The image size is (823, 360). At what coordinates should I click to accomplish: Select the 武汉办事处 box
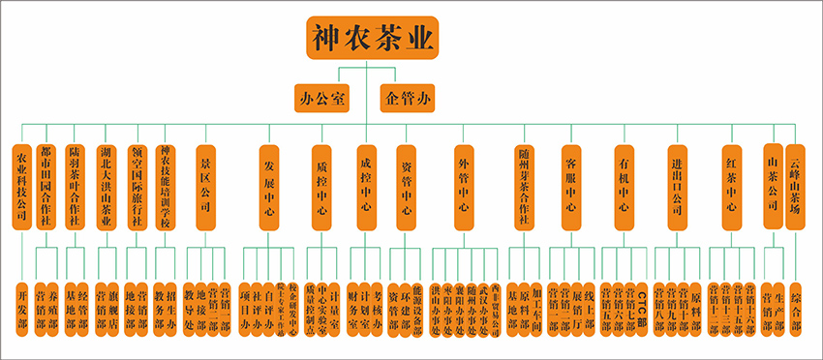[483, 308]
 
